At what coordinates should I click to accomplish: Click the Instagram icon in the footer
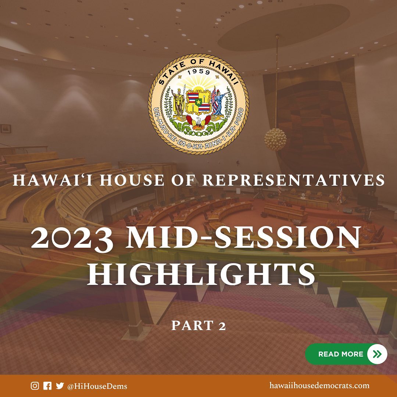(x=35, y=386)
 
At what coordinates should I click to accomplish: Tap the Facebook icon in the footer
(x=47, y=386)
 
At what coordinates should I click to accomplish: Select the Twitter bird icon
(x=60, y=386)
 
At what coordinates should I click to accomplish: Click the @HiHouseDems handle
(x=97, y=386)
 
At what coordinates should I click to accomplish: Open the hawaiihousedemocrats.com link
(x=319, y=386)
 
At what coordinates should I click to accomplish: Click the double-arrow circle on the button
(x=377, y=354)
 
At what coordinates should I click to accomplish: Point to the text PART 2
(x=198, y=325)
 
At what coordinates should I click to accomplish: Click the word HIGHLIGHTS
(x=201, y=274)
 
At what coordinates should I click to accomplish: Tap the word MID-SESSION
(x=243, y=237)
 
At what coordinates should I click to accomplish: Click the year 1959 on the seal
(x=199, y=72)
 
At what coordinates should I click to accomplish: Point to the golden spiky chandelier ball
(x=275, y=139)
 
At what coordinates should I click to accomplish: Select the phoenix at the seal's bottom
(x=199, y=123)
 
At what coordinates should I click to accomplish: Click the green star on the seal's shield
(x=198, y=102)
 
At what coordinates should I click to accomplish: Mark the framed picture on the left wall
(x=6, y=129)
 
